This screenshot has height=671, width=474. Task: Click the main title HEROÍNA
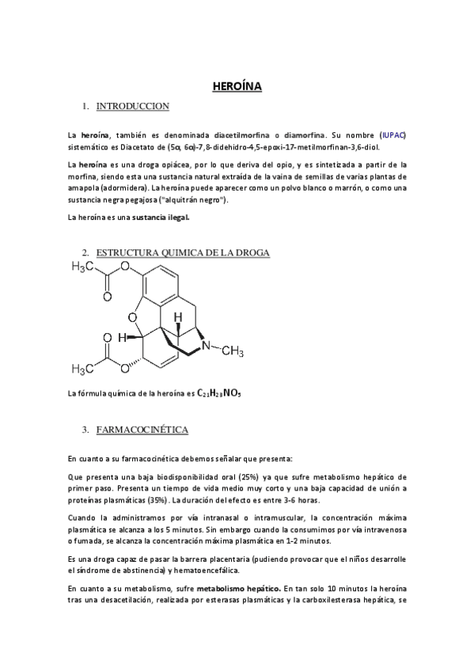tap(237, 87)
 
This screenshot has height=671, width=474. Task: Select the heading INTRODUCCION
tap(132, 106)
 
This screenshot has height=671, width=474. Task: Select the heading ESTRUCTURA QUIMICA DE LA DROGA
tap(183, 252)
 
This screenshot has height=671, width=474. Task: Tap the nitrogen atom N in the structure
tap(205, 345)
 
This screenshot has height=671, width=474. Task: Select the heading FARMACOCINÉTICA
tap(142, 430)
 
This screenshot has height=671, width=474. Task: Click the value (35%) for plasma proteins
tap(157, 500)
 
